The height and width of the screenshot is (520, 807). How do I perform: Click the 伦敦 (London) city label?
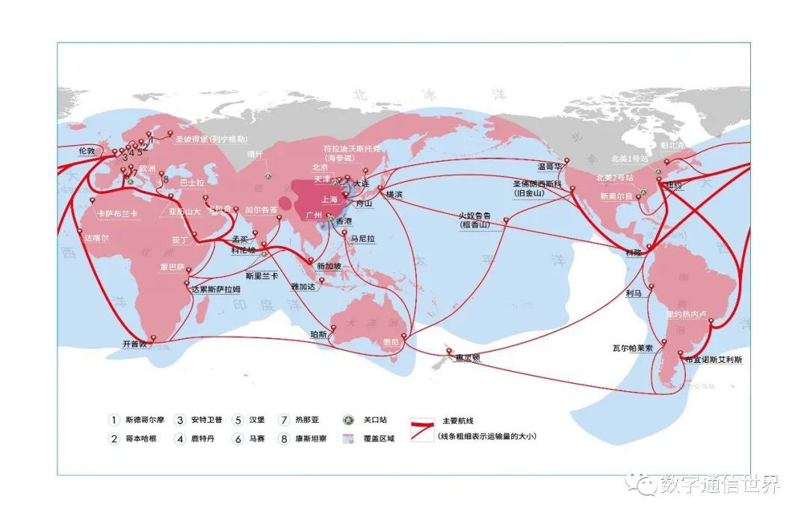[x=87, y=150]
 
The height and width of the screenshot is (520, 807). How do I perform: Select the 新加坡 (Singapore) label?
[x=330, y=266]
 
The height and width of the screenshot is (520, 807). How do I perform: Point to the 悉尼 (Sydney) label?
[x=391, y=343]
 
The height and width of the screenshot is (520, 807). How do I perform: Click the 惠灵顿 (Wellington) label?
[x=468, y=358]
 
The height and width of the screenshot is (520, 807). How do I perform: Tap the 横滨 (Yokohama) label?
[x=394, y=194]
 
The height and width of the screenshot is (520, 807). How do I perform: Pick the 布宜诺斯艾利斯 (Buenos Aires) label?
[x=713, y=360]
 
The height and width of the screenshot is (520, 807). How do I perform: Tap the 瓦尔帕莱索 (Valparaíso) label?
[x=633, y=348]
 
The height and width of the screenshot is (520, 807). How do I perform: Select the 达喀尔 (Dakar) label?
[x=96, y=237]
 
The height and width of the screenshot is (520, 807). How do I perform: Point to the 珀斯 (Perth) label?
[x=318, y=334]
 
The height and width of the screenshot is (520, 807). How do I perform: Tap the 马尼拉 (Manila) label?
[x=362, y=238]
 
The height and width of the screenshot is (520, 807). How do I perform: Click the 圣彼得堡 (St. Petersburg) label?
[x=211, y=139]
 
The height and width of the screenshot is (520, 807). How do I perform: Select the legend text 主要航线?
[x=459, y=420]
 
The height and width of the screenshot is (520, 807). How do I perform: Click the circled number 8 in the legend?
[x=284, y=439]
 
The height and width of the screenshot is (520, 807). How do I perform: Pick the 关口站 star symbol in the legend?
[x=347, y=420]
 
